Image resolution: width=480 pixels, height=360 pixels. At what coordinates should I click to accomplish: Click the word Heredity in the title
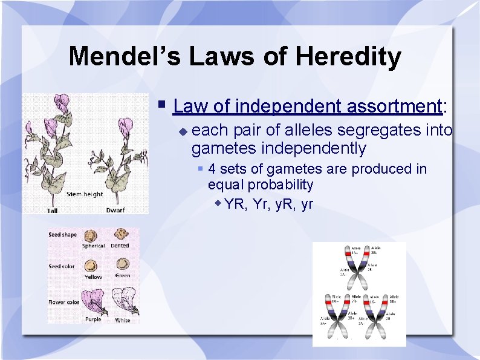pyautogui.click(x=348, y=56)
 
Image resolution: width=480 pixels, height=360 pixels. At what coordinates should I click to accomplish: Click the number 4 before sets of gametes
pyautogui.click(x=212, y=168)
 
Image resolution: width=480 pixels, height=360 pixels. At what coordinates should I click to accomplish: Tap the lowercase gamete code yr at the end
pyautogui.click(x=306, y=204)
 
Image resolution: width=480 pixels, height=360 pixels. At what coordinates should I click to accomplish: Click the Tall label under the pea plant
pyautogui.click(x=53, y=211)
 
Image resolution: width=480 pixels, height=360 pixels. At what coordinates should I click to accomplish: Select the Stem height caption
pyautogui.click(x=85, y=194)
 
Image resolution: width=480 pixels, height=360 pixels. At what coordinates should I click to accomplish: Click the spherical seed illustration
pyautogui.click(x=92, y=235)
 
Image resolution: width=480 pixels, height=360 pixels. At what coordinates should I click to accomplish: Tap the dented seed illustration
pyautogui.click(x=122, y=235)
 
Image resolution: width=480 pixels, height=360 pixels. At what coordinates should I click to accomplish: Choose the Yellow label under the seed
pyautogui.click(x=93, y=277)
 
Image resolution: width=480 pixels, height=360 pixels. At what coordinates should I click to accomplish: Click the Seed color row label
pyautogui.click(x=62, y=266)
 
